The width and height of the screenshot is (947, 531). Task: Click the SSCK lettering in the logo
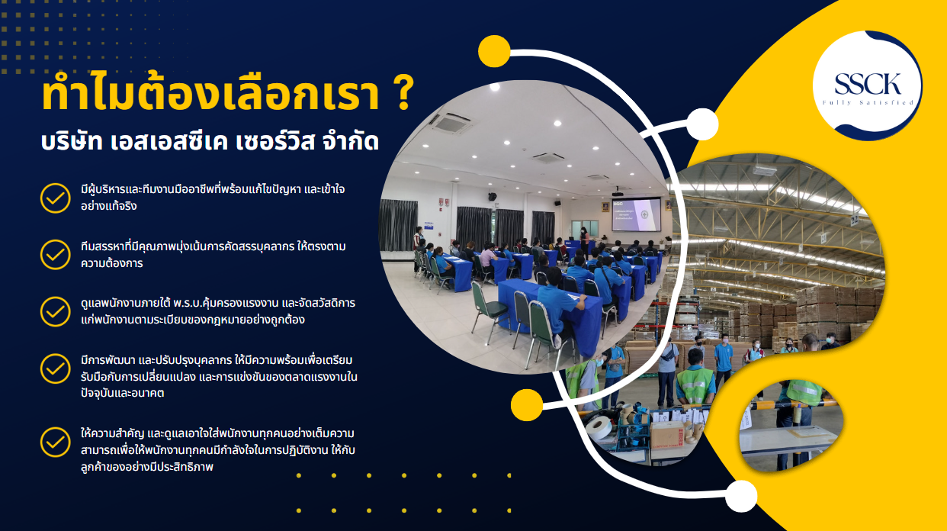868,83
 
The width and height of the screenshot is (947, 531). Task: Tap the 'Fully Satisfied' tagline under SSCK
868,102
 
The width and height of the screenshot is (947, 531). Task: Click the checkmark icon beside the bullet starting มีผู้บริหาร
55,198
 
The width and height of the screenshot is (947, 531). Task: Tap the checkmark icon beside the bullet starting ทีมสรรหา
55,255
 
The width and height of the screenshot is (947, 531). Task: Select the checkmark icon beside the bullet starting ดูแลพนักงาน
55,311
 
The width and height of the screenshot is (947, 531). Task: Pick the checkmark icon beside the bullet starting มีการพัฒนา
55,368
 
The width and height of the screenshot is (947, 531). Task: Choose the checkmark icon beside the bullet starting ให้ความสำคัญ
55,441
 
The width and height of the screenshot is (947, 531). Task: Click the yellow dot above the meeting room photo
494,51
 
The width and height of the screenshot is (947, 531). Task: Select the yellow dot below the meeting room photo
527,404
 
